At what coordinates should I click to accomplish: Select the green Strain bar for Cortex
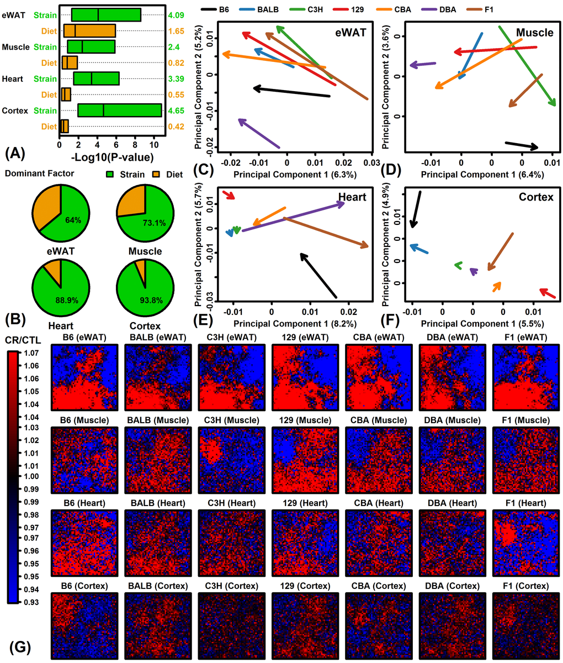click(x=119, y=110)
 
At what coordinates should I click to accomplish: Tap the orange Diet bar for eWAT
click(x=89, y=30)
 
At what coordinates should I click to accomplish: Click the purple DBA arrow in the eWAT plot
click(x=259, y=133)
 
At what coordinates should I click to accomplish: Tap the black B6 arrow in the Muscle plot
click(x=522, y=145)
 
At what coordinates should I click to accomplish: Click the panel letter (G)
click(x=20, y=646)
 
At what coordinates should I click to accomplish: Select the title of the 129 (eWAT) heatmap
click(x=300, y=337)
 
